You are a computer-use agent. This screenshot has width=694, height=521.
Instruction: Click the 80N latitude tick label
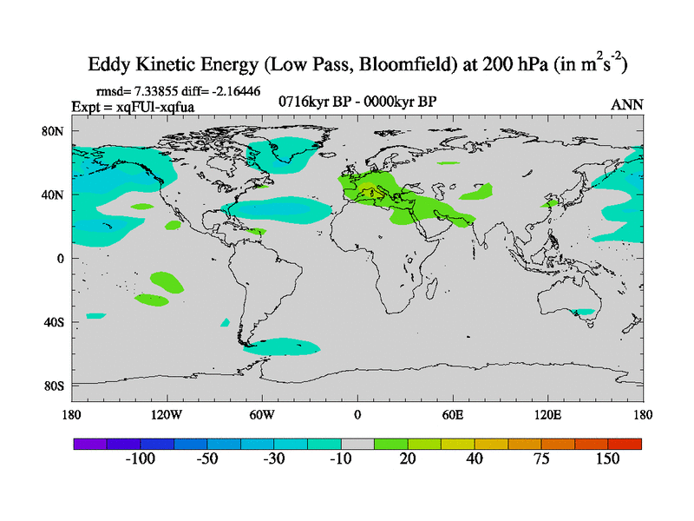coord(56,131)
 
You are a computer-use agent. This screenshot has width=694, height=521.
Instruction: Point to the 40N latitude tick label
coord(56,195)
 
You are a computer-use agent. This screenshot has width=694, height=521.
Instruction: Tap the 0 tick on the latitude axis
coord(62,258)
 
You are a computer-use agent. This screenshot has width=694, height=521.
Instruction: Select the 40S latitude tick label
coord(56,322)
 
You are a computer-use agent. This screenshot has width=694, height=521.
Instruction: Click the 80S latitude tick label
coord(56,386)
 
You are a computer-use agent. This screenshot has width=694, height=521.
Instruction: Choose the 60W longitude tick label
coord(261,414)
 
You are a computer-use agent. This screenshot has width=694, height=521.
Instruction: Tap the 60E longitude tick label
coord(453,414)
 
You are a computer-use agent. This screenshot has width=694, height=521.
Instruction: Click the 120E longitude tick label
coord(548,414)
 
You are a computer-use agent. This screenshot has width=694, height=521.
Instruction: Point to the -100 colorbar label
coord(140,459)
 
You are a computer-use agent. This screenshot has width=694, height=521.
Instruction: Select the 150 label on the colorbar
coord(607,459)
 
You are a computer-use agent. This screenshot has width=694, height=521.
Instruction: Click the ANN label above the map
coord(627,104)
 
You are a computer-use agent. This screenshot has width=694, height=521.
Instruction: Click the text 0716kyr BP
coord(314,102)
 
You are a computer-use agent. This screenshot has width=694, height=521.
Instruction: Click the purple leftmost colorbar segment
coord(89,443)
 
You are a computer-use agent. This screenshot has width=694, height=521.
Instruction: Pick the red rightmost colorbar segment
coord(625,443)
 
